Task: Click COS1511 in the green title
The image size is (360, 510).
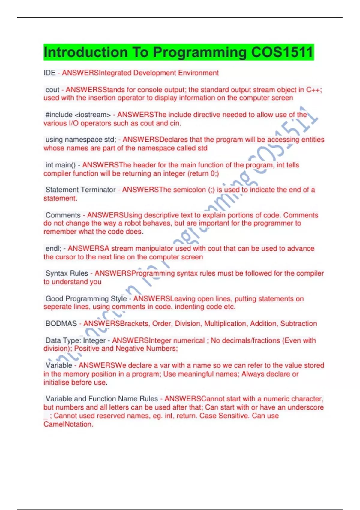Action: tap(282, 52)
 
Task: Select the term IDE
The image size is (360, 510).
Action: tap(49, 73)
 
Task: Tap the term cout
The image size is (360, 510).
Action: tap(52, 90)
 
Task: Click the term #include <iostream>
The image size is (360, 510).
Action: tap(78, 115)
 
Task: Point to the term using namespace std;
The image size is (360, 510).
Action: tap(81, 139)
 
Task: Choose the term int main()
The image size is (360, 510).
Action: tap(61, 165)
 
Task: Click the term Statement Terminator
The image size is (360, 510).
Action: tap(80, 190)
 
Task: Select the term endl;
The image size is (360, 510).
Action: tap(53, 248)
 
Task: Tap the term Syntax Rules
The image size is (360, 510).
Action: tap(67, 273)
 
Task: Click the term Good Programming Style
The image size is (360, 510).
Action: tap(86, 298)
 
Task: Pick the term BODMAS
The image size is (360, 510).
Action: tap(61, 323)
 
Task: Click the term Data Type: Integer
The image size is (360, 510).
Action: tap(75, 340)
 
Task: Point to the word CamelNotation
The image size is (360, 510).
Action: tap(68, 424)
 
